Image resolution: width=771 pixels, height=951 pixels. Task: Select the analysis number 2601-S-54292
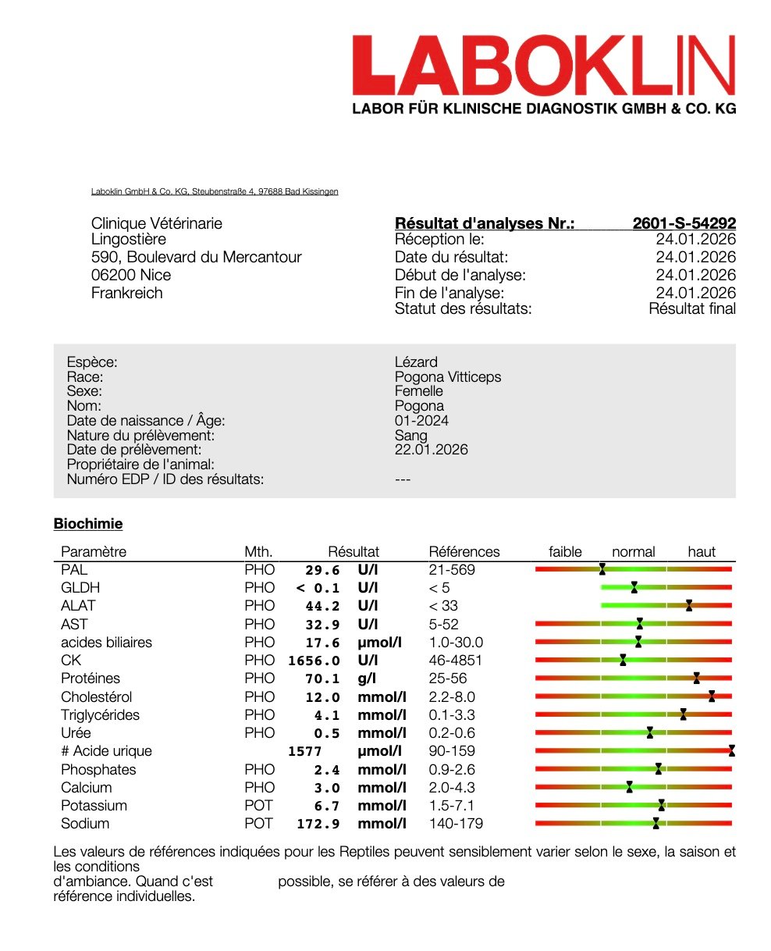pos(684,224)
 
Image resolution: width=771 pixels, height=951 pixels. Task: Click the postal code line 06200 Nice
pos(131,276)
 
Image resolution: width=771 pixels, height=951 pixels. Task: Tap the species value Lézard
pos(416,362)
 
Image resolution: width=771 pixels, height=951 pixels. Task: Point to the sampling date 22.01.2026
pos(432,450)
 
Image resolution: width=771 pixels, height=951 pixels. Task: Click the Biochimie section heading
pos(87,524)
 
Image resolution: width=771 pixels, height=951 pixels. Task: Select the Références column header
pos(464,552)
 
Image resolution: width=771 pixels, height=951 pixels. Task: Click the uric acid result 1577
pos(305,752)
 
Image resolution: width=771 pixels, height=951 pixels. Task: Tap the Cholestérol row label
pos(97,697)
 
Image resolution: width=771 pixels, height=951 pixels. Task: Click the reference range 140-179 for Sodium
pos(456,824)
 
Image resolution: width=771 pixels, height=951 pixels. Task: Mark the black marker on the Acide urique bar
pos(731,751)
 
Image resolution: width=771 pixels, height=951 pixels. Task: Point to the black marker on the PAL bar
pos(602,570)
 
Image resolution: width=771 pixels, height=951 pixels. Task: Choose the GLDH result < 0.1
pos(318,589)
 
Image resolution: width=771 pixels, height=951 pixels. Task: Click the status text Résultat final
pos(691,309)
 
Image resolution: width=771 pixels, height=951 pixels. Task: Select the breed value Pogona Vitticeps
pos(448,377)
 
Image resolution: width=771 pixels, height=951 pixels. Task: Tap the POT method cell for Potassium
pos(259,806)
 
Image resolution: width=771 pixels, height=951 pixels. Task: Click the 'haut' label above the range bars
pos(701,552)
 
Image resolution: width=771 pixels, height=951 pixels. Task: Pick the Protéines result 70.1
pos(322,679)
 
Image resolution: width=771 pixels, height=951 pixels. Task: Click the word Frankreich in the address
pos(127,294)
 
